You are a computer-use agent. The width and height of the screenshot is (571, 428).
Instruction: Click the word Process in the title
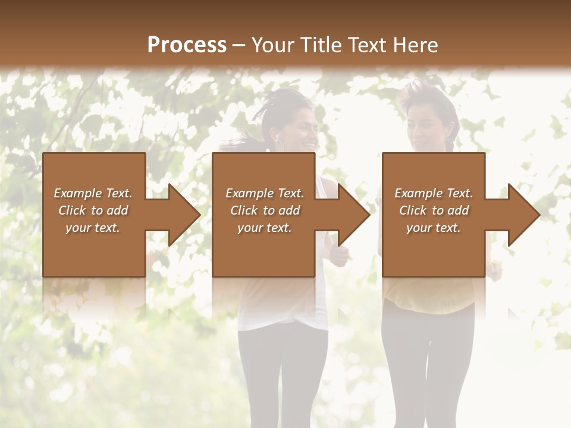(x=187, y=45)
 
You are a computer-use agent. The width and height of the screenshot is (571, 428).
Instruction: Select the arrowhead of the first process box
(x=178, y=215)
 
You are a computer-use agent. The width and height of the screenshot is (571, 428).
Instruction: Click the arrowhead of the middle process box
(x=348, y=215)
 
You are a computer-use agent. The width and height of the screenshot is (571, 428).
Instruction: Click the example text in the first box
(x=93, y=210)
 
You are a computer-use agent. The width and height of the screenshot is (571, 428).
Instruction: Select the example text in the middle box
(x=265, y=210)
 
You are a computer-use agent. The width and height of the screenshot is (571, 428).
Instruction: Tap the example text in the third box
(x=434, y=210)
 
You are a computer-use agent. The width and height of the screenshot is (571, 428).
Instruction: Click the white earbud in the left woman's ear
(x=277, y=137)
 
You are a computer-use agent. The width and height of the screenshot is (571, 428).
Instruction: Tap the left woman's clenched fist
(x=338, y=256)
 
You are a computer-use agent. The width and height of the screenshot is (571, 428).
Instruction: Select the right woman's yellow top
(x=428, y=297)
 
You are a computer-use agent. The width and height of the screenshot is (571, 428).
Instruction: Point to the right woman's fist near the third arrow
(x=494, y=271)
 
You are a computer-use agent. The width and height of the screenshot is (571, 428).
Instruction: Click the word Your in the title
(x=272, y=45)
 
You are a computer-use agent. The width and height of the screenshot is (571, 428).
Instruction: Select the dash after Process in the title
(x=239, y=45)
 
